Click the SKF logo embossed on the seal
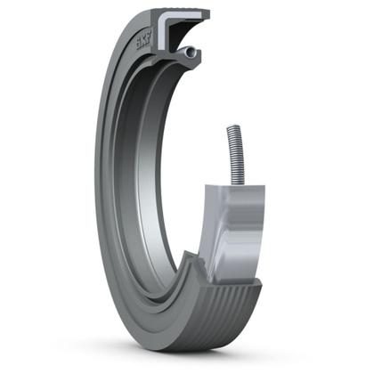tap(142, 41)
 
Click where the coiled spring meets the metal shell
tap(238, 183)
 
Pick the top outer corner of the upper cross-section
tap(207, 12)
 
